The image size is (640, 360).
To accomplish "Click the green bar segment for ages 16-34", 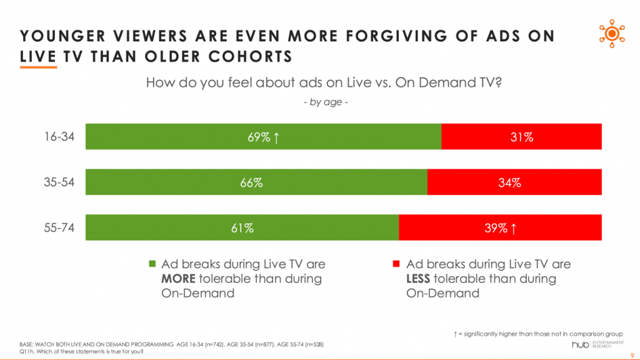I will [187, 137].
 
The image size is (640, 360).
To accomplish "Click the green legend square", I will [152, 265].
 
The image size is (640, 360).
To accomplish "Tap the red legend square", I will [396, 265].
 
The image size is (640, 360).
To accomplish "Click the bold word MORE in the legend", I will [178, 279].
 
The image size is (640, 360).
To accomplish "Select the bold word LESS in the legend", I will [420, 279].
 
